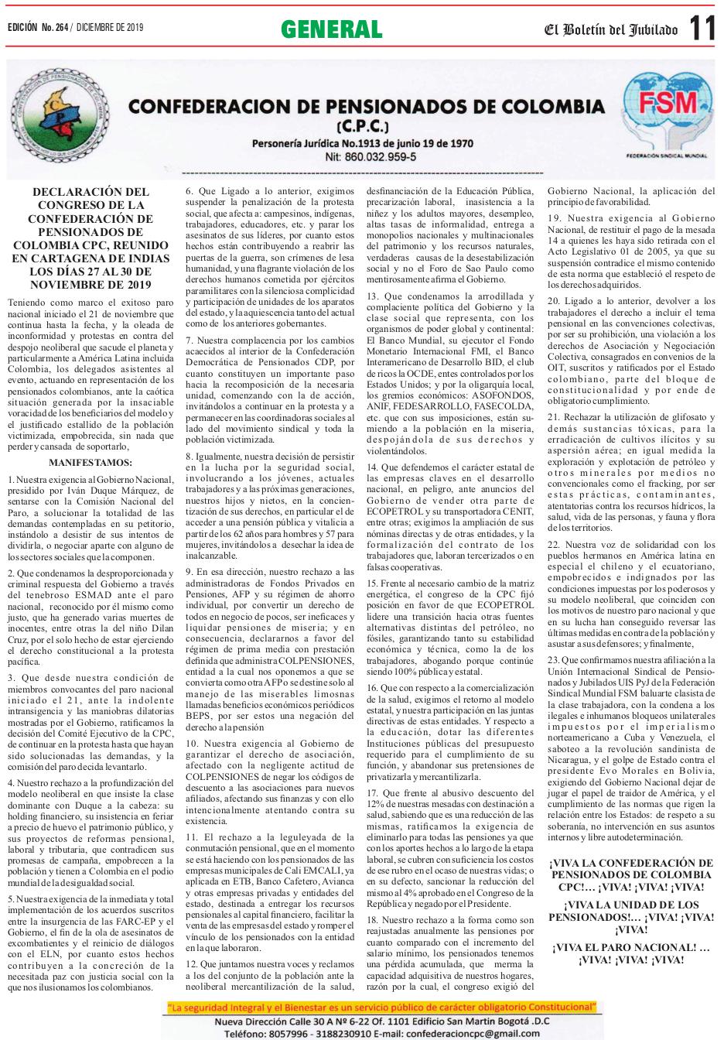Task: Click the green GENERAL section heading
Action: (331, 29)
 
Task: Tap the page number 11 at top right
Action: (702, 29)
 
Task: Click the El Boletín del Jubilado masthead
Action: (610, 30)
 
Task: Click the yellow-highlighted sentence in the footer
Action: (381, 1007)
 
